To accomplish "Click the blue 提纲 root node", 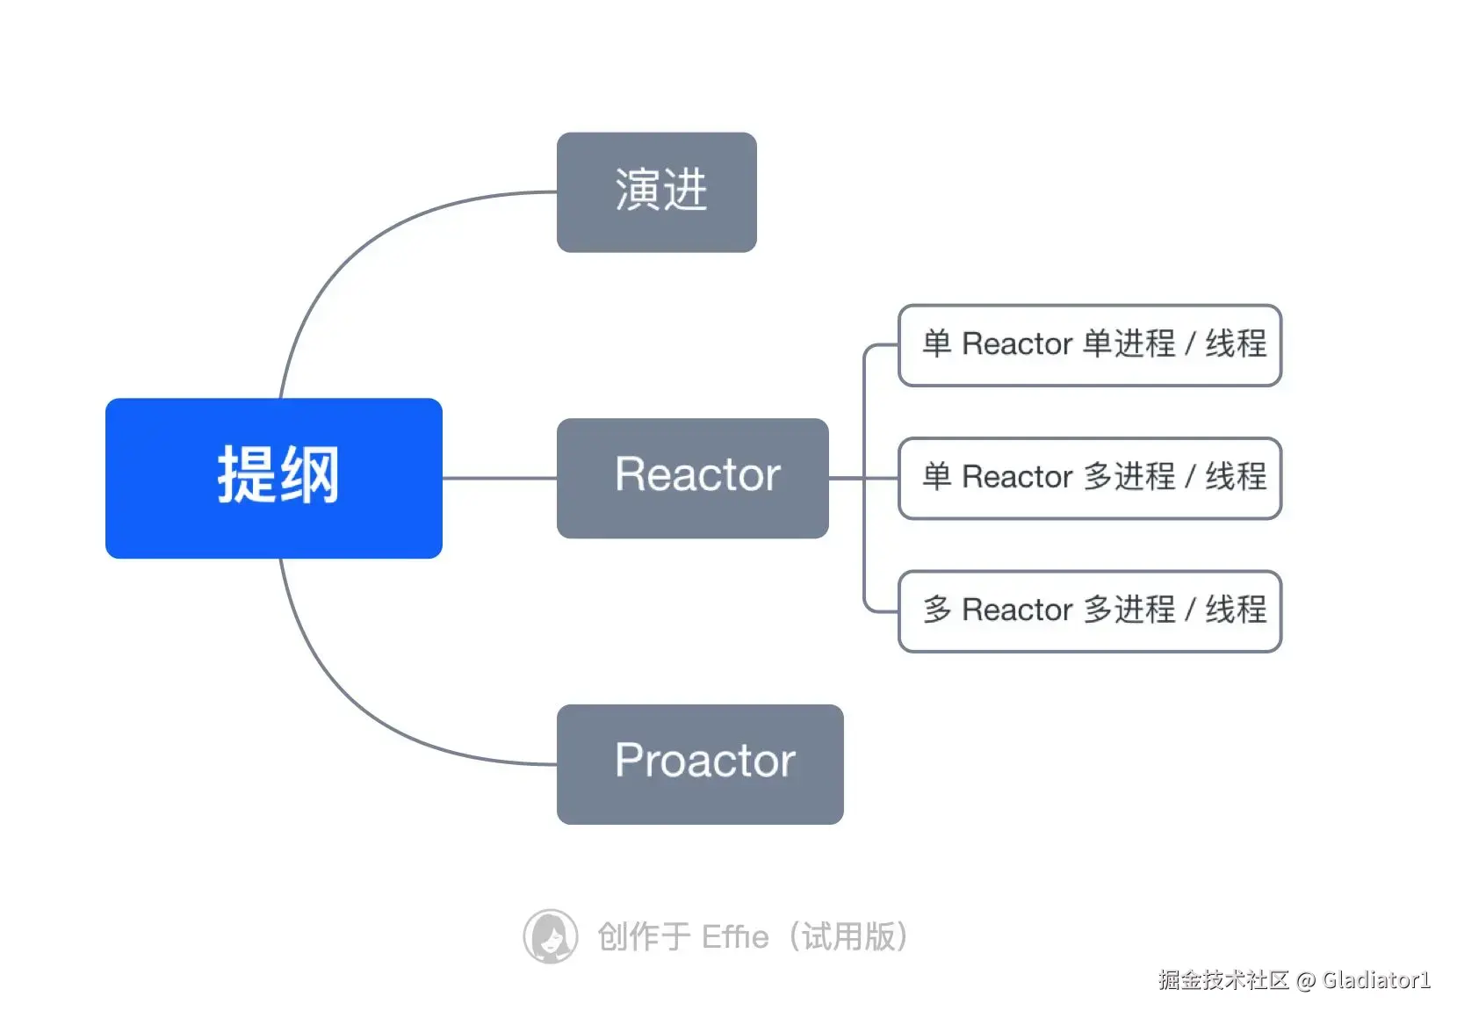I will click(273, 478).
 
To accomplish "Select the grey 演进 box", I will click(656, 192).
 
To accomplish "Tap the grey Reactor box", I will click(692, 478).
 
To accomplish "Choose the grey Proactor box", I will click(700, 763).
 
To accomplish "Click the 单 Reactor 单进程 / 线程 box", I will click(1089, 344).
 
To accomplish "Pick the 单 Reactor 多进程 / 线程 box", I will click(1089, 478).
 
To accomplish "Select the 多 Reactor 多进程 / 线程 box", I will click(1089, 610).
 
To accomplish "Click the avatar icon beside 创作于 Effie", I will click(550, 936).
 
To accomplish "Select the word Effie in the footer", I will click(735, 937).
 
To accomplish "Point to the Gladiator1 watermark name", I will click(1376, 980).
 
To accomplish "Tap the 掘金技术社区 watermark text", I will click(1223, 980).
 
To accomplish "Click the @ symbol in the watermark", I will click(1305, 980).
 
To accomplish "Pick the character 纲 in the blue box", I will click(309, 475).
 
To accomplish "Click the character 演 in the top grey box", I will click(637, 190).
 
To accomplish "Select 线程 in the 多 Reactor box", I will click(1236, 610).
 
